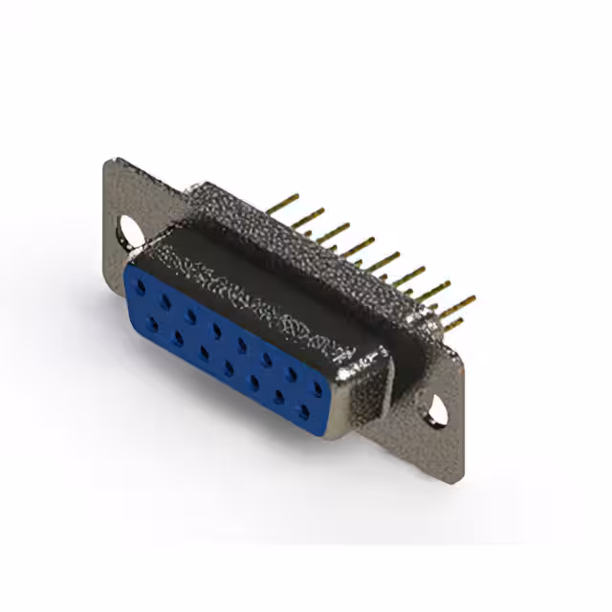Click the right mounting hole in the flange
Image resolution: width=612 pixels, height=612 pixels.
437,409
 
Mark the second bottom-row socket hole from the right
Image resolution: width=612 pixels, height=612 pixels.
279,397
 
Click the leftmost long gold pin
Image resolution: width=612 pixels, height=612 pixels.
284,204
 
